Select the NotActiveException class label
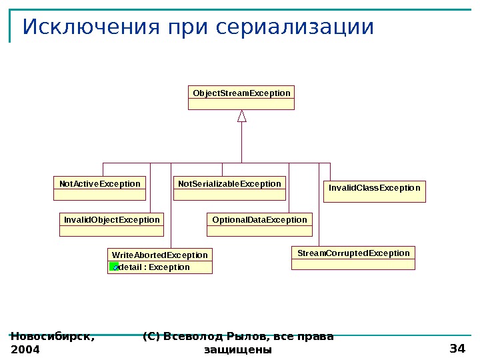tap(99, 183)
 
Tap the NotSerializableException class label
tap(229, 183)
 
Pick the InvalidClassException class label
tap(375, 188)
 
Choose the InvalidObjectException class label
tap(111, 219)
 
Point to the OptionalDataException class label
tap(259, 219)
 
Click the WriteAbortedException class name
tap(160, 255)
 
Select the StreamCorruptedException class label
tap(353, 253)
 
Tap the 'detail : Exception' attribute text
tap(154, 267)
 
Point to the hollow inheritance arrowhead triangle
tap(242, 116)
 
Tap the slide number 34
tap(457, 349)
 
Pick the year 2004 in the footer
tap(25, 349)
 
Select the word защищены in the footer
tap(238, 349)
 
